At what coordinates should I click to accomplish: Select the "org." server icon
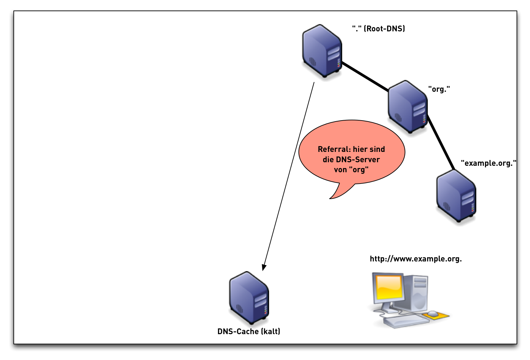(408, 107)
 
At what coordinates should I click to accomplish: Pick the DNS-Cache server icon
(249, 298)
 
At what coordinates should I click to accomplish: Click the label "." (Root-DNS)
(378, 29)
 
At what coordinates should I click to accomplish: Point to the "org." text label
(439, 89)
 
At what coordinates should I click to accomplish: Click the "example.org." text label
(488, 163)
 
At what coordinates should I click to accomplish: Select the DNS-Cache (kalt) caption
(249, 332)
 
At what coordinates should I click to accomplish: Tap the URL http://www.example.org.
(416, 259)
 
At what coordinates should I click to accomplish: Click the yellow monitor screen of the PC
(388, 287)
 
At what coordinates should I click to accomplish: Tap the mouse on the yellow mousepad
(433, 313)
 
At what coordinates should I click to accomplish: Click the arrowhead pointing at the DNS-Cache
(264, 267)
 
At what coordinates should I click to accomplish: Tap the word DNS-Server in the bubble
(358, 160)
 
